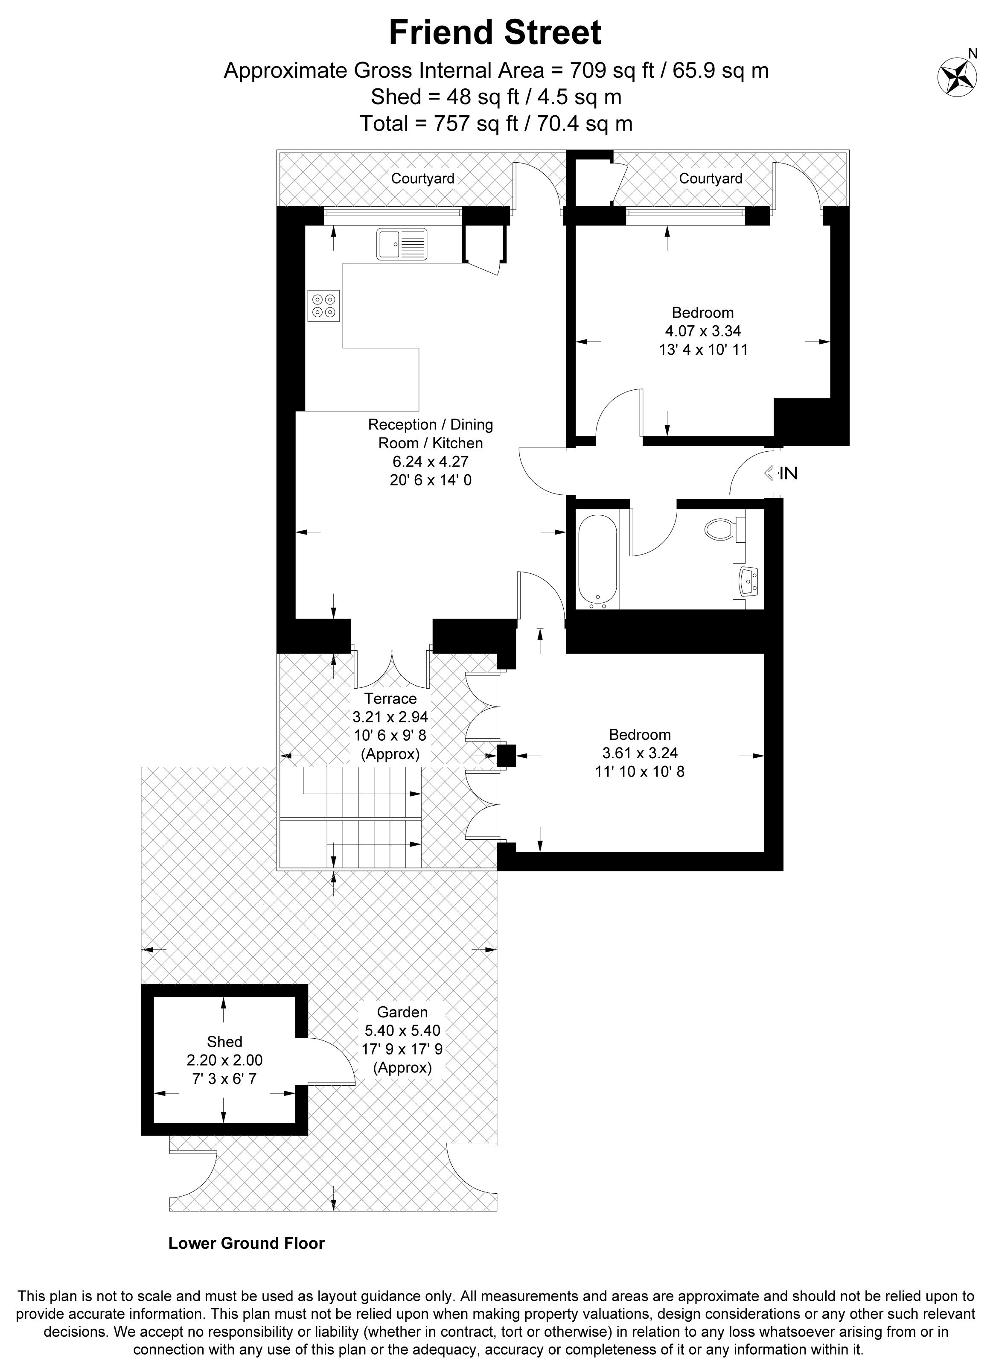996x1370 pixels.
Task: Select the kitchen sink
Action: pyautogui.click(x=402, y=244)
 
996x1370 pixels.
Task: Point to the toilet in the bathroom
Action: pyautogui.click(x=725, y=530)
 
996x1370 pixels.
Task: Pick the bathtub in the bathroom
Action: pyautogui.click(x=597, y=561)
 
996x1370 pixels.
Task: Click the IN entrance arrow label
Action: pyautogui.click(x=781, y=473)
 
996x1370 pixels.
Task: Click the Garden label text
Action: pyautogui.click(x=403, y=1012)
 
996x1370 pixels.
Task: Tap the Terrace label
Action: pyautogui.click(x=390, y=698)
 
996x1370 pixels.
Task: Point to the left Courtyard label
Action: pyautogui.click(x=422, y=179)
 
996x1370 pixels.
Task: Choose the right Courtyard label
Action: pyautogui.click(x=711, y=179)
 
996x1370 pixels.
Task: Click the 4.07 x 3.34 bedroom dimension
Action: pyautogui.click(x=703, y=331)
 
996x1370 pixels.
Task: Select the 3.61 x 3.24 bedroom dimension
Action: pyautogui.click(x=640, y=753)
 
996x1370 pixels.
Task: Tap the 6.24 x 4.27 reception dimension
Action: pyautogui.click(x=431, y=462)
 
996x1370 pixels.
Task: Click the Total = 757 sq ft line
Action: pyautogui.click(x=496, y=123)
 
